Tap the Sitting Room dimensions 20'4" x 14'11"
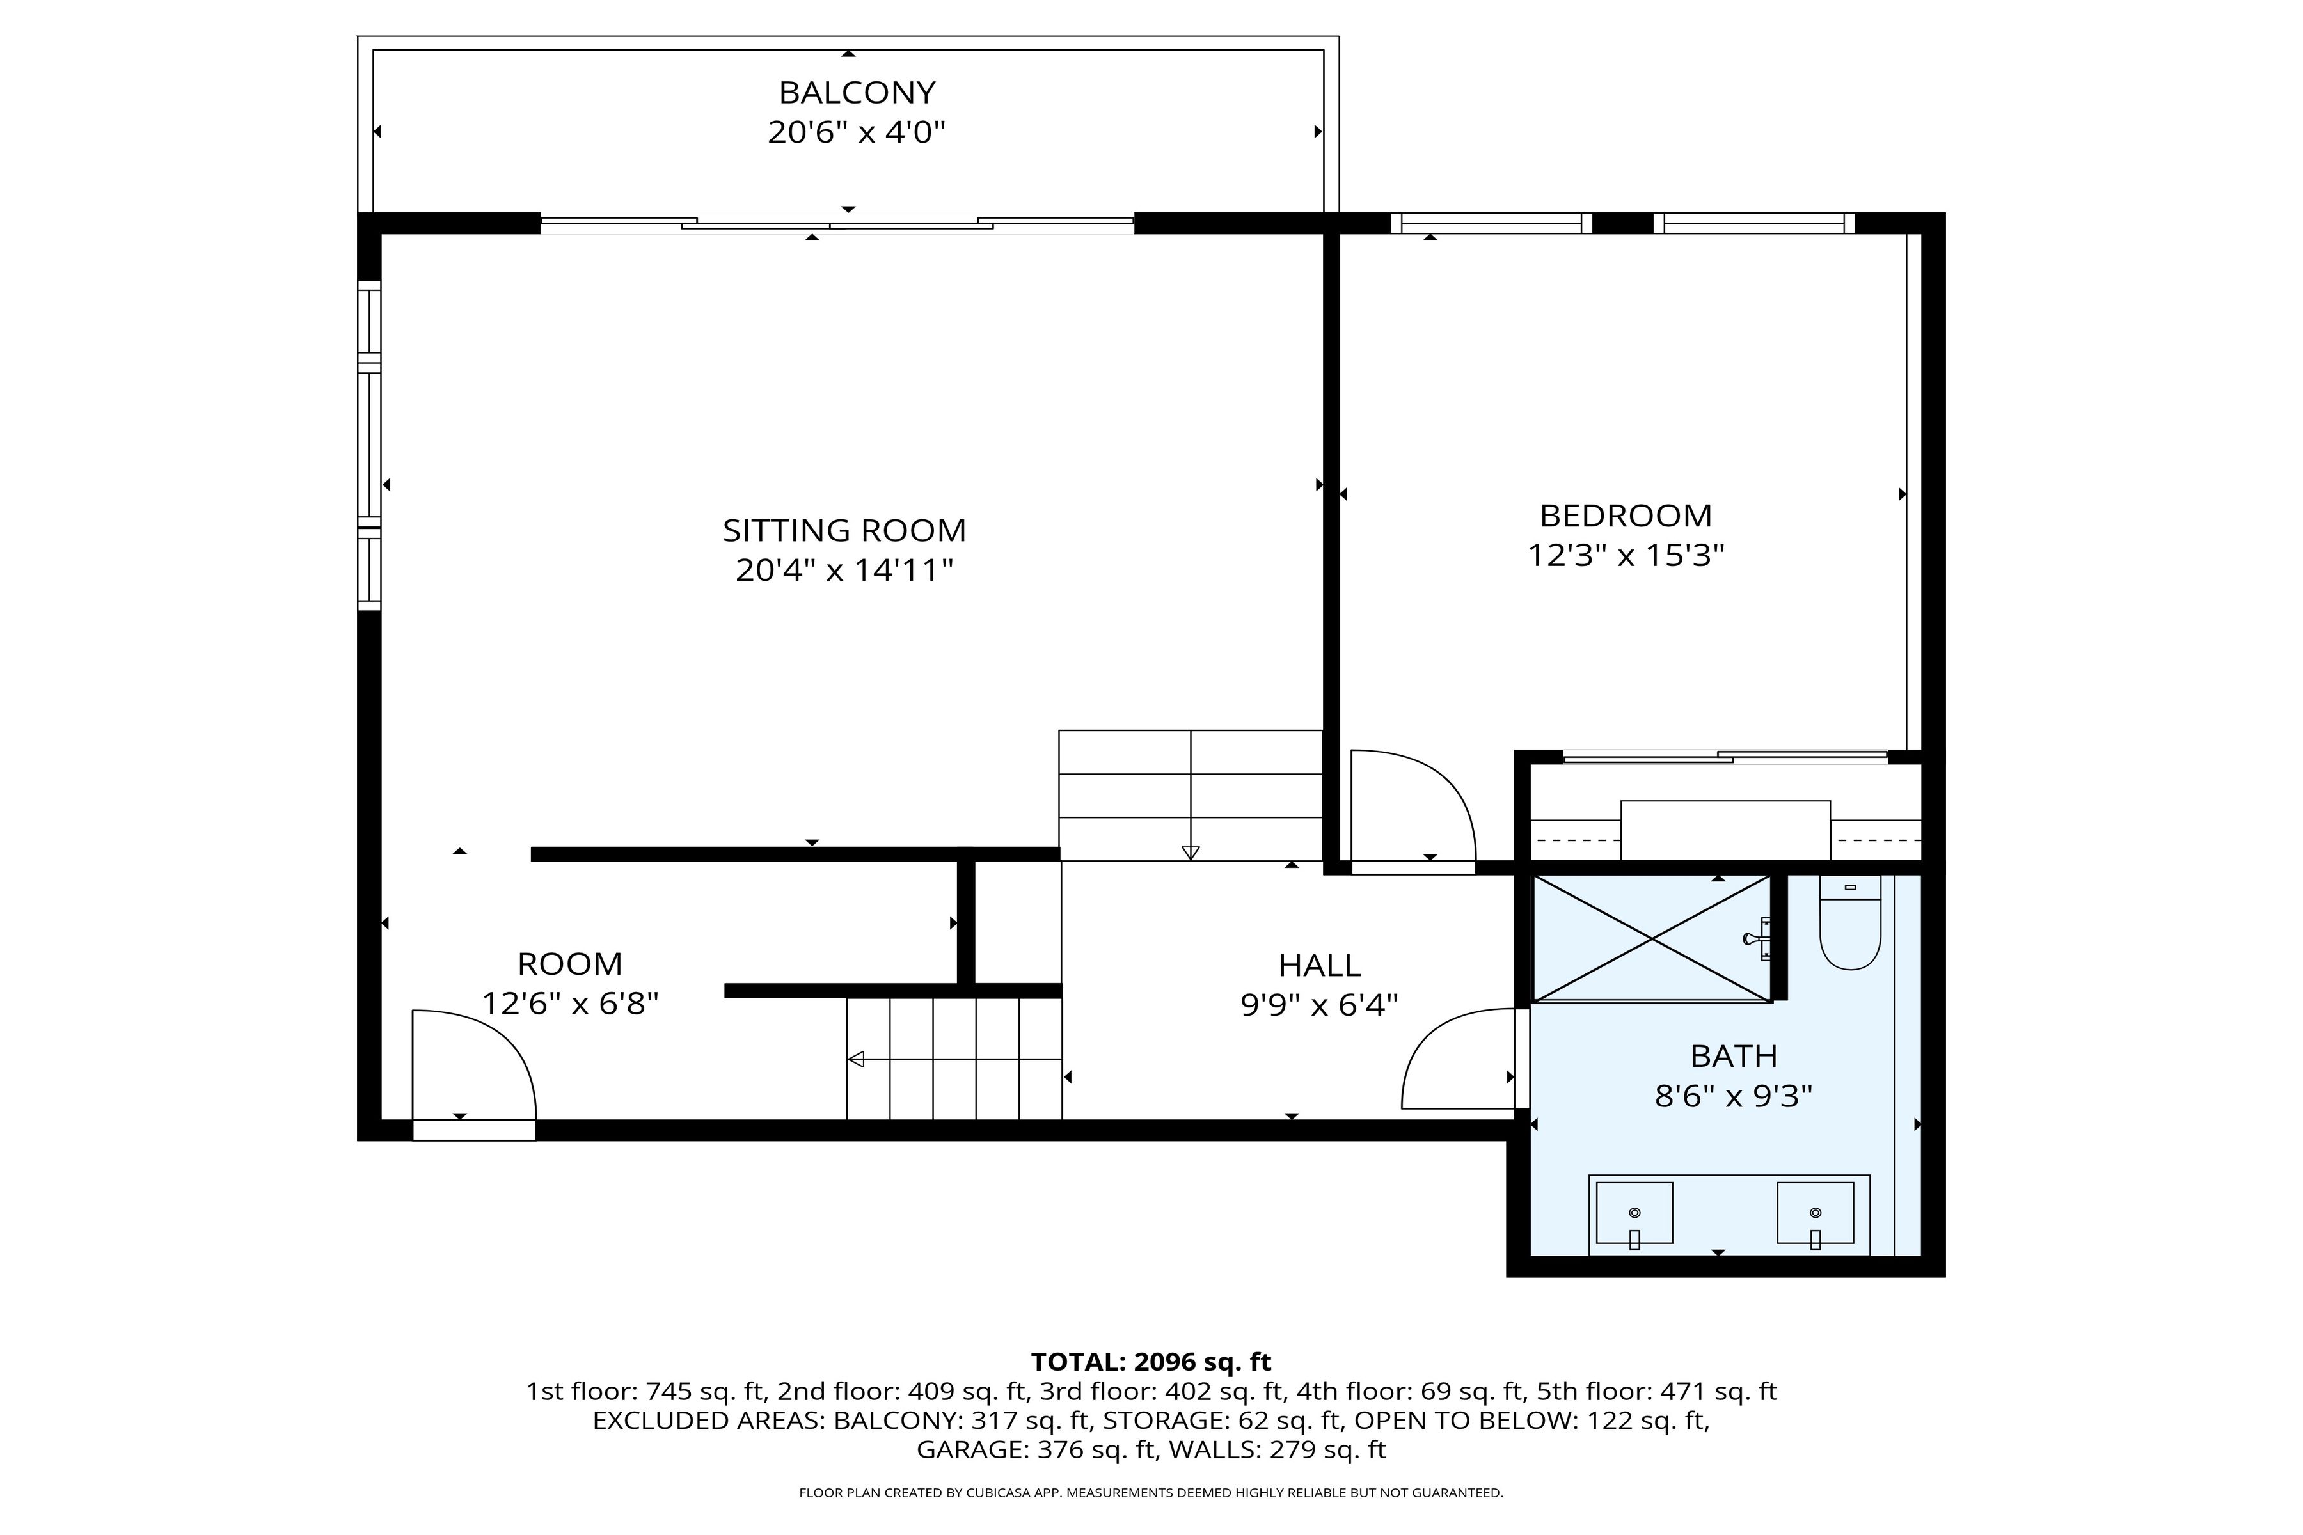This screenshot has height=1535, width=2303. [x=844, y=570]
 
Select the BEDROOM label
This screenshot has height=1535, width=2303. [x=1626, y=515]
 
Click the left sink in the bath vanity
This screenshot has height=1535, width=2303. [x=1634, y=1214]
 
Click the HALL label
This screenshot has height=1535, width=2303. [x=1319, y=965]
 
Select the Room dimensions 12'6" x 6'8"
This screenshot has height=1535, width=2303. [x=570, y=1004]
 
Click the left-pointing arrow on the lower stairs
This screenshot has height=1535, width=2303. [x=856, y=1059]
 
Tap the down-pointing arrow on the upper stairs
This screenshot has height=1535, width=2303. [x=1190, y=852]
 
